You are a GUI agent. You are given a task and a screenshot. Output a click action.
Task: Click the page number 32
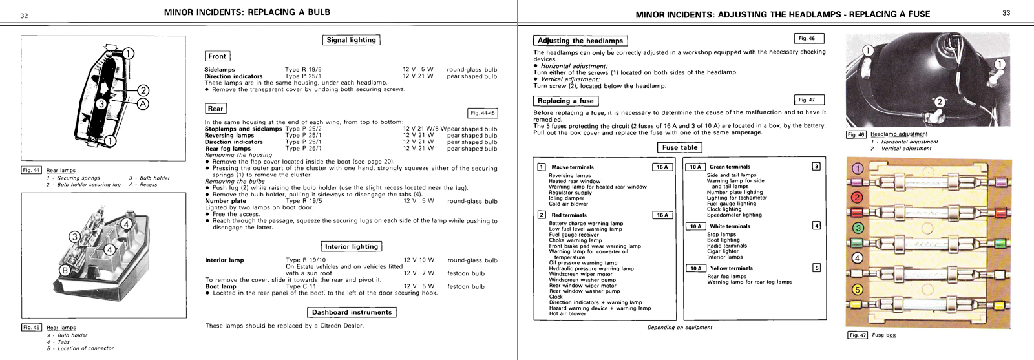pyautogui.click(x=24, y=16)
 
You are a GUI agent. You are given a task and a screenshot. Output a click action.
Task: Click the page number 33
pyautogui.click(x=1006, y=13)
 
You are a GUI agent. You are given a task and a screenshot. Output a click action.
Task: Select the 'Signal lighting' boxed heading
pyautogui.click(x=351, y=40)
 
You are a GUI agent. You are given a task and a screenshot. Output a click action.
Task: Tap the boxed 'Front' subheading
pyautogui.click(x=217, y=56)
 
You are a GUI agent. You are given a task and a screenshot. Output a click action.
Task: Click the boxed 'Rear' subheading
pyautogui.click(x=215, y=109)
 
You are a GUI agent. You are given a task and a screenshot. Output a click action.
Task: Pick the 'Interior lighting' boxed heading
pyautogui.click(x=351, y=246)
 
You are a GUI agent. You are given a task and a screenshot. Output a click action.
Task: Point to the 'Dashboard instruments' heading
pyautogui.click(x=352, y=312)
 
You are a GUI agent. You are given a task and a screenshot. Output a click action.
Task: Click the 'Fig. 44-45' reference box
pyautogui.click(x=482, y=113)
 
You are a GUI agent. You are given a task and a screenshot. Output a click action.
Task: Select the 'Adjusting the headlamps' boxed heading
pyautogui.click(x=580, y=41)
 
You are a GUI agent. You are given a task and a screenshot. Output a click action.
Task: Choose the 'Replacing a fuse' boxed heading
pyautogui.click(x=565, y=101)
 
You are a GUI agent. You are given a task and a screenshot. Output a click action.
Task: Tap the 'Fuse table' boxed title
pyautogui.click(x=680, y=147)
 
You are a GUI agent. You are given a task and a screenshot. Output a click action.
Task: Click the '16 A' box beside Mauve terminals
pyautogui.click(x=662, y=167)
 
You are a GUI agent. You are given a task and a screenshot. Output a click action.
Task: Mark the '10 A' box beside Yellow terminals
pyautogui.click(x=695, y=268)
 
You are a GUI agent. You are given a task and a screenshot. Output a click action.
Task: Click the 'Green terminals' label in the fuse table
pyautogui.click(x=730, y=167)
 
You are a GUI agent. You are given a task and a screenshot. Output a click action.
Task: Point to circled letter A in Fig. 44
pyautogui.click(x=143, y=103)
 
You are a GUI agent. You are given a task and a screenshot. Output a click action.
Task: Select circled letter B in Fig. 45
pyautogui.click(x=65, y=270)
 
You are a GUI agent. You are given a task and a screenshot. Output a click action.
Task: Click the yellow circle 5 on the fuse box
pyautogui.click(x=858, y=290)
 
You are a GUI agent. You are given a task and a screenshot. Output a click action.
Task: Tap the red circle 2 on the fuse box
pyautogui.click(x=858, y=198)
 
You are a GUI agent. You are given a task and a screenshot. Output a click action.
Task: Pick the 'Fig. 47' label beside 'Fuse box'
pyautogui.click(x=858, y=335)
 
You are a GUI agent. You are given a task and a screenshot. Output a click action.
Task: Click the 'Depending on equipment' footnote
pyautogui.click(x=679, y=328)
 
